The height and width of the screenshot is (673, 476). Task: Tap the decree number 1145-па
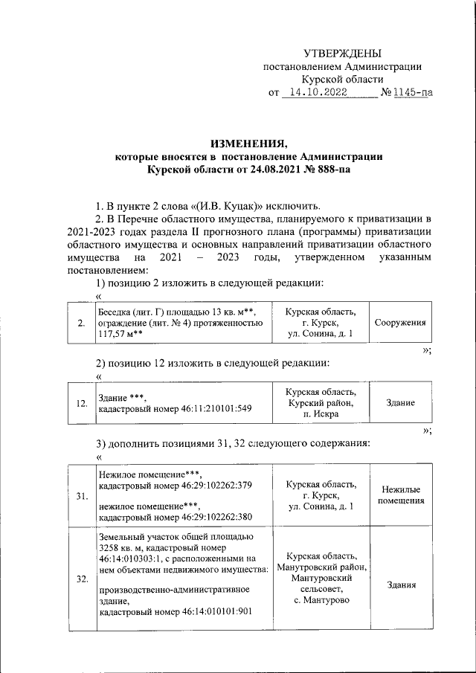[x=411, y=94]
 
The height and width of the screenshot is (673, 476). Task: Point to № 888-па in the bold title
[x=324, y=170]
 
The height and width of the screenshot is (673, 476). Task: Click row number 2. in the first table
[x=80, y=323]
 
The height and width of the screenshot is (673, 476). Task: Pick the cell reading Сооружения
[x=400, y=323]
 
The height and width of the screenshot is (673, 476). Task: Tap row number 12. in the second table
[x=82, y=403]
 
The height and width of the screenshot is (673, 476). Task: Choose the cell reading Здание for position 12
[x=400, y=403]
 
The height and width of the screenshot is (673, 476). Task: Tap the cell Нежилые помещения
[x=400, y=495]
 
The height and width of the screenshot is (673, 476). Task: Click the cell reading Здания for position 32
[x=400, y=585]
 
